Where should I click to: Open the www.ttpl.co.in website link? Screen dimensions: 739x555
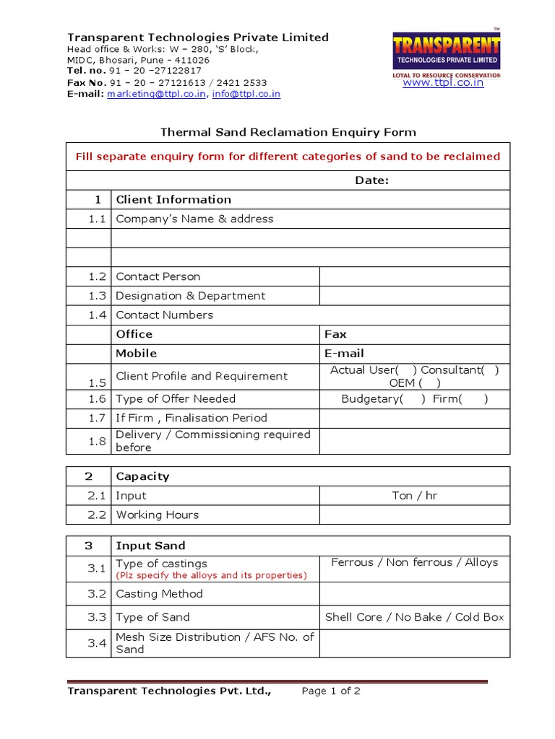click(x=443, y=83)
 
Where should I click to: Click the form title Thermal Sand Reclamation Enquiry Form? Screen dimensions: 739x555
click(x=288, y=132)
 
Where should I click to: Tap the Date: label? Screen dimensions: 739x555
click(x=371, y=180)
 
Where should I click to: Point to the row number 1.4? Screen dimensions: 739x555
click(x=98, y=315)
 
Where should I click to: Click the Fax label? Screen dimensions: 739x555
click(x=336, y=334)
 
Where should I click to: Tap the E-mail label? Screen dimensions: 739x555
click(x=344, y=354)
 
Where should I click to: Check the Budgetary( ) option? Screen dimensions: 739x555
click(x=383, y=398)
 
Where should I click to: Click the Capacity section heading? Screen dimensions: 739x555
click(x=142, y=476)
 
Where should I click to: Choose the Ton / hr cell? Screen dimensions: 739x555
click(x=415, y=496)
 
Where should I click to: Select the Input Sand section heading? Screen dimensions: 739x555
click(x=150, y=546)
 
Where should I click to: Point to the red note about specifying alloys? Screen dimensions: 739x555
click(x=211, y=575)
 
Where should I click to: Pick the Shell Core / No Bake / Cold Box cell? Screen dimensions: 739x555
click(x=415, y=617)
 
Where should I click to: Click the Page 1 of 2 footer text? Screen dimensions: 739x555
click(x=331, y=691)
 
